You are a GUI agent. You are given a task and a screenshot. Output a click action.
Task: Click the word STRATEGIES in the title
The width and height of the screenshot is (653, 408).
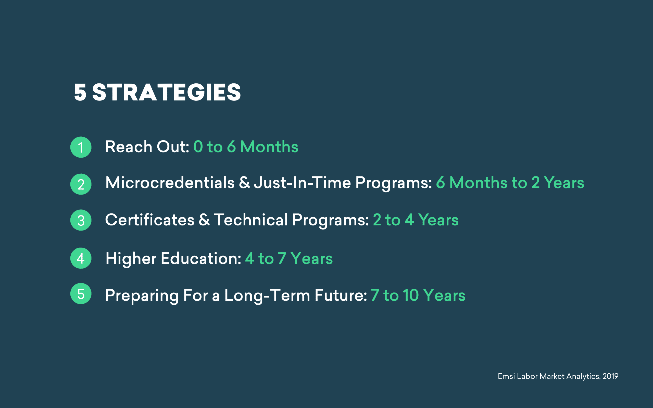tap(167, 92)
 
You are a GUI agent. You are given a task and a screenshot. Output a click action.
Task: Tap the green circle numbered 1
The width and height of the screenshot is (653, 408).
tap(81, 147)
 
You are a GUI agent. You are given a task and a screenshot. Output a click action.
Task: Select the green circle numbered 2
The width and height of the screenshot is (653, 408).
tap(81, 184)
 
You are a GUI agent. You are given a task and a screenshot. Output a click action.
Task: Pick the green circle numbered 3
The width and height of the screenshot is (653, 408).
tap(81, 220)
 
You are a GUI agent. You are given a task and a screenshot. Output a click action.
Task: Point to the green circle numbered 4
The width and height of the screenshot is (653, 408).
tap(81, 258)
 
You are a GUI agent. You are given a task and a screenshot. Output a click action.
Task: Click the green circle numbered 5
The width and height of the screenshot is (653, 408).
tap(81, 294)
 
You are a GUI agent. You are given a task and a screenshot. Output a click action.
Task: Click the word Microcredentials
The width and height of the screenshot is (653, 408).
tap(170, 183)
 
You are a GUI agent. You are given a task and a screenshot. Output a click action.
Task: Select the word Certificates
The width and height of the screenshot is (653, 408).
tap(150, 220)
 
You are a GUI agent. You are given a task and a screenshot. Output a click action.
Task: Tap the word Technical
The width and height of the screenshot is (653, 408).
tap(251, 220)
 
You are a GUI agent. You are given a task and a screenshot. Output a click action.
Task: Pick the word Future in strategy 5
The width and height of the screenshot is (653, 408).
tap(341, 295)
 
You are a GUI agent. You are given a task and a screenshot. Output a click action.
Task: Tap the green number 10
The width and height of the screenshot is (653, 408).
tap(411, 295)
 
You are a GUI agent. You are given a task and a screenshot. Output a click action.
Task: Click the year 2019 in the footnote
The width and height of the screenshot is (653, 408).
tap(610, 376)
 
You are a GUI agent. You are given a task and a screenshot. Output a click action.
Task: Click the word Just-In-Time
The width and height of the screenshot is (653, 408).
tap(303, 183)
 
